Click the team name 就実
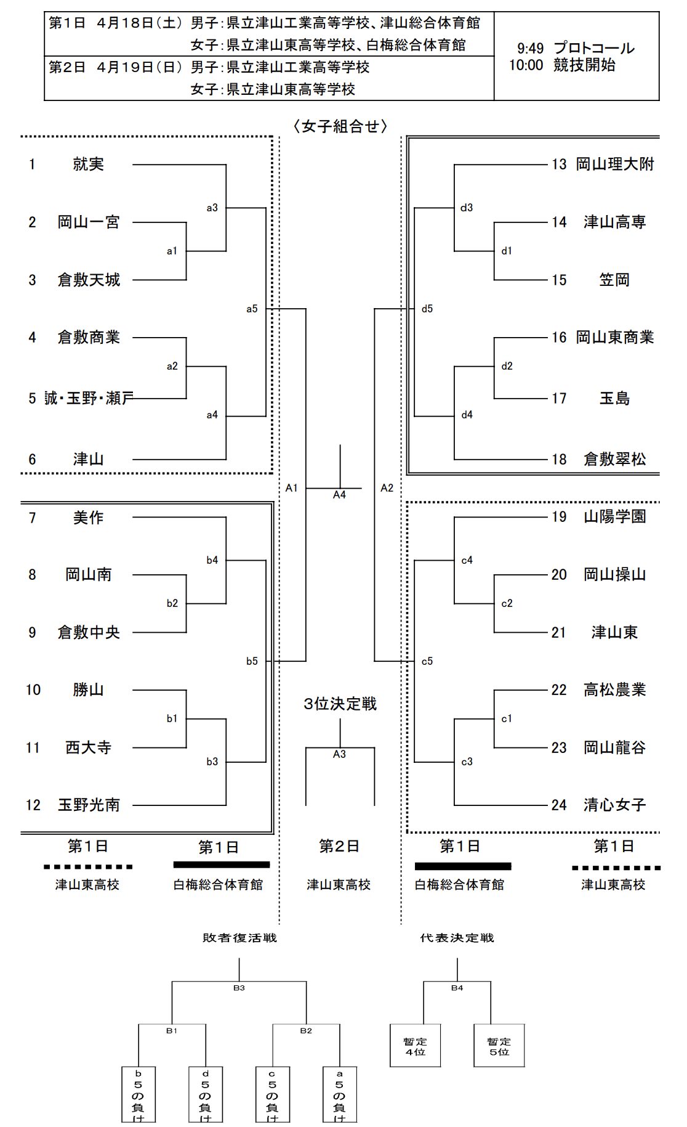click(x=88, y=165)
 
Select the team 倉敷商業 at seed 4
click(x=89, y=338)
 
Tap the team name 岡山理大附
click(x=614, y=165)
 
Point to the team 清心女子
click(x=614, y=805)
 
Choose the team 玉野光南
click(x=89, y=805)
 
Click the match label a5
click(x=252, y=309)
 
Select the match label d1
click(x=507, y=251)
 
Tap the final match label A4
click(x=339, y=495)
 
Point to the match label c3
click(x=467, y=762)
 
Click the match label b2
click(x=172, y=603)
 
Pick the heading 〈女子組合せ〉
click(x=340, y=126)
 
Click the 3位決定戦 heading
click(x=340, y=704)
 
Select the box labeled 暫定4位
click(x=415, y=1046)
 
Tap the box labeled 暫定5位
click(x=499, y=1046)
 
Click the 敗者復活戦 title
click(x=239, y=938)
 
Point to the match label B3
click(x=239, y=988)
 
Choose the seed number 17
click(x=559, y=398)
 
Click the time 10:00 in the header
click(x=526, y=65)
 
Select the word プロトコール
click(x=593, y=48)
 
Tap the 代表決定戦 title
click(x=457, y=938)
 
